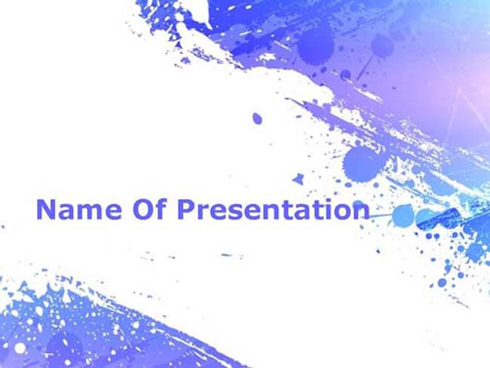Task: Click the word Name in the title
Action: [78, 210]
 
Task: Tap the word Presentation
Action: [274, 209]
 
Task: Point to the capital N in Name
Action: [46, 210]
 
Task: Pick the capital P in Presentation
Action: [186, 210]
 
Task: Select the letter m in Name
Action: [90, 212]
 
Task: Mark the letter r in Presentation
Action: [203, 212]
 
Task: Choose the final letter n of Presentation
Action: [362, 212]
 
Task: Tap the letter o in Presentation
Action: [344, 212]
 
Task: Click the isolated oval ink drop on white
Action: [257, 118]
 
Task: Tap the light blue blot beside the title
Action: [403, 216]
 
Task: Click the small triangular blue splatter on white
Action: [298, 179]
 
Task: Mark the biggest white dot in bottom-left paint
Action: [20, 348]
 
